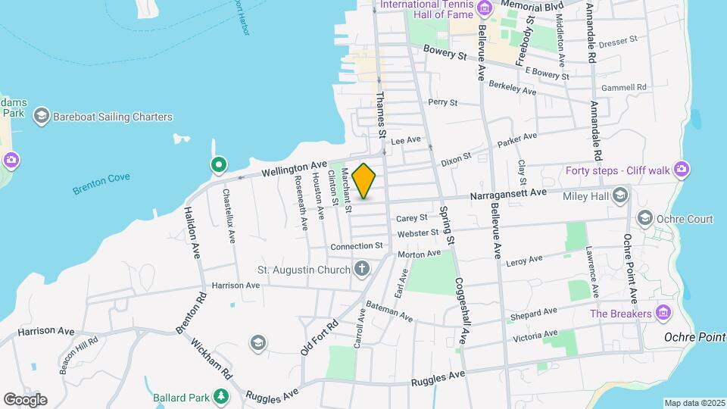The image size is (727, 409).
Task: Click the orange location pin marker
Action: pyautogui.click(x=364, y=180)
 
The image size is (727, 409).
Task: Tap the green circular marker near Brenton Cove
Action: pyautogui.click(x=218, y=164)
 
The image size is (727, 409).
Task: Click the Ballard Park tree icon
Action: pyautogui.click(x=221, y=396)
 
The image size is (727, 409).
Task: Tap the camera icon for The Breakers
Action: pyautogui.click(x=663, y=313)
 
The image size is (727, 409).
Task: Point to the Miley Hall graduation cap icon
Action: pyautogui.click(x=620, y=195)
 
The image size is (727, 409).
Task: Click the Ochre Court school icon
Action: pyautogui.click(x=644, y=219)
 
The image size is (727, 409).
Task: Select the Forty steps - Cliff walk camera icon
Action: pyautogui.click(x=682, y=169)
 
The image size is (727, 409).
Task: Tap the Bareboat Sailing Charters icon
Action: pyautogui.click(x=41, y=117)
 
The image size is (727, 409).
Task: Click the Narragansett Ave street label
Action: pyautogui.click(x=508, y=193)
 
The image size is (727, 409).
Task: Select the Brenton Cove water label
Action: pyautogui.click(x=101, y=183)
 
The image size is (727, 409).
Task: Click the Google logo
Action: pyautogui.click(x=25, y=399)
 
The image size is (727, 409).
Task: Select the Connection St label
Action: pyautogui.click(x=356, y=246)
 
